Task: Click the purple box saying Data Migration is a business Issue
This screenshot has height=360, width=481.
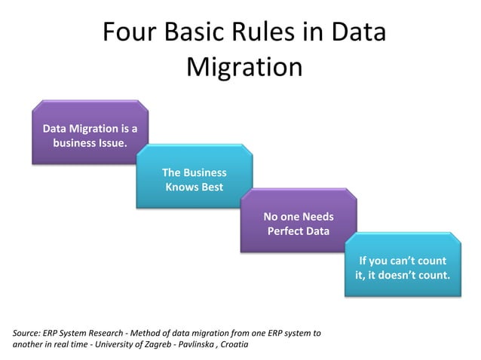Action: tap(90, 133)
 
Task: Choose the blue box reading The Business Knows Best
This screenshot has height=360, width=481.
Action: tap(194, 178)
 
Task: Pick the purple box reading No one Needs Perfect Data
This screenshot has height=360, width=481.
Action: tap(298, 223)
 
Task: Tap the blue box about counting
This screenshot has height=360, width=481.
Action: tap(403, 267)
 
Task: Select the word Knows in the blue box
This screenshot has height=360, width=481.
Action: tap(182, 187)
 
